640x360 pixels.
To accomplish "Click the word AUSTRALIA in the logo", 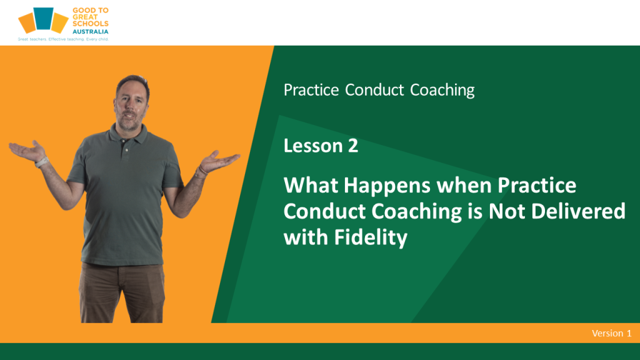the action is click(x=90, y=31).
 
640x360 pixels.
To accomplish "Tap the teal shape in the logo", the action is click(x=43, y=18).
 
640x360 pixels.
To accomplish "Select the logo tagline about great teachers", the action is click(x=63, y=39).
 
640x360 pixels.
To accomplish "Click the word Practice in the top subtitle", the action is click(x=311, y=90).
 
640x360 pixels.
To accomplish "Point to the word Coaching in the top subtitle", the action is click(x=442, y=90).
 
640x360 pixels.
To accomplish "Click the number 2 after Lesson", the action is click(x=353, y=146).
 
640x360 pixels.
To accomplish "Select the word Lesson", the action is click(x=313, y=146).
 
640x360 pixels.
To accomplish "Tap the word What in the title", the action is click(x=311, y=185).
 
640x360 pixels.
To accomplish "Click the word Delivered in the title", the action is click(x=578, y=211).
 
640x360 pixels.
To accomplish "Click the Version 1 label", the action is click(x=611, y=333).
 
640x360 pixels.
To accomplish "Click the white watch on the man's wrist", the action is click(x=41, y=162).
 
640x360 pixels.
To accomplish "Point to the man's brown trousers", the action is click(x=122, y=292).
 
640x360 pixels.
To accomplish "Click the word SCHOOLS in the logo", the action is click(x=90, y=24).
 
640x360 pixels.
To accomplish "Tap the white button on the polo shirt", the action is click(x=126, y=150).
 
